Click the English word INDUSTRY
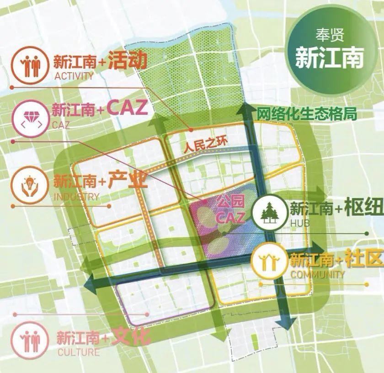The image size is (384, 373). (x=76, y=197)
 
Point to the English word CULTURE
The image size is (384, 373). (x=78, y=352)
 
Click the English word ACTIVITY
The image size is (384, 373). (x=74, y=76)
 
